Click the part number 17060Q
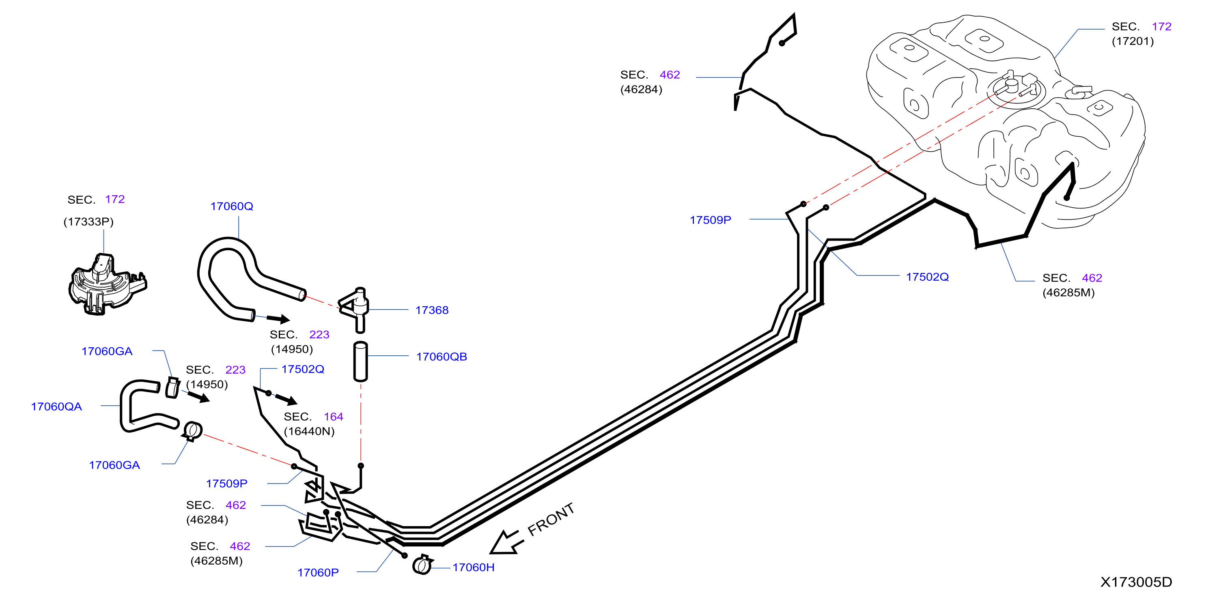[x=231, y=206]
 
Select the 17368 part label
[x=432, y=310]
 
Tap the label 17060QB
[x=441, y=357]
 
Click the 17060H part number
[x=473, y=567]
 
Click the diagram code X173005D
[x=1136, y=582]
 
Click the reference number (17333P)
[x=88, y=222]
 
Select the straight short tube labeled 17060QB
[x=361, y=361]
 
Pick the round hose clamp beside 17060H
[x=422, y=565]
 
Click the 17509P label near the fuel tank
[x=710, y=220]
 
